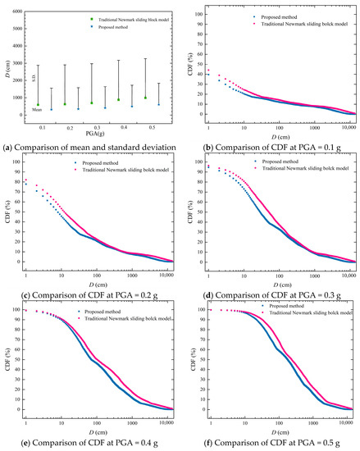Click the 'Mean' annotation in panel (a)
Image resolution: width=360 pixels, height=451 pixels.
tap(37, 109)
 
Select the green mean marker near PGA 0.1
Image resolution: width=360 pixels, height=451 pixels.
tap(38, 104)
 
